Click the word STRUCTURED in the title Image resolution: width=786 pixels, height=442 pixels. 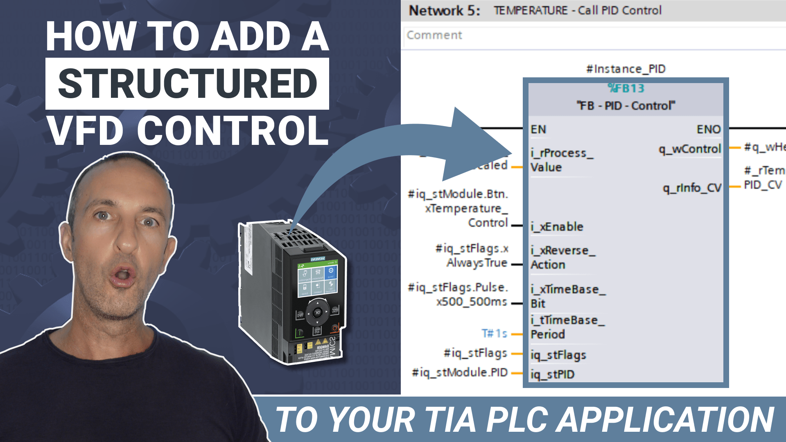coord(187,84)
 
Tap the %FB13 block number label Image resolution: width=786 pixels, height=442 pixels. coord(626,88)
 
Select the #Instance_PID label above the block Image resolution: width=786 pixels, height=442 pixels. coord(626,69)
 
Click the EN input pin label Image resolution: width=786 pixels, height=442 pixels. coord(538,129)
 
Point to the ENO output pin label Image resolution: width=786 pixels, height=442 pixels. coord(708,129)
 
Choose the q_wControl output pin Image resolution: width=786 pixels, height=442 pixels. coord(690,149)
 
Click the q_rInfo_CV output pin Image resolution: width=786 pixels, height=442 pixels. coord(692,188)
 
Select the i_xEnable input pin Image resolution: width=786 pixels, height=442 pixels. coord(557,227)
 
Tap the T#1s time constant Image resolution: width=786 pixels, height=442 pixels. coord(495,334)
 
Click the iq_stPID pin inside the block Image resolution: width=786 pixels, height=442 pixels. coord(552,374)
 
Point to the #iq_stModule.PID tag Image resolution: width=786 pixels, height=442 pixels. coord(460,372)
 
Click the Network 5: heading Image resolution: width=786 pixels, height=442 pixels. coord(445,11)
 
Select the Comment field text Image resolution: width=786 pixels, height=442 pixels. coord(434,35)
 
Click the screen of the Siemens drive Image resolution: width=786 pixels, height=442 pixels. coord(317,278)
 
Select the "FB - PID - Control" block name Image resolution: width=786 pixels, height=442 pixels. coord(626,106)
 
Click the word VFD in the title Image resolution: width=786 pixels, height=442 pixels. coord(85,131)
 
